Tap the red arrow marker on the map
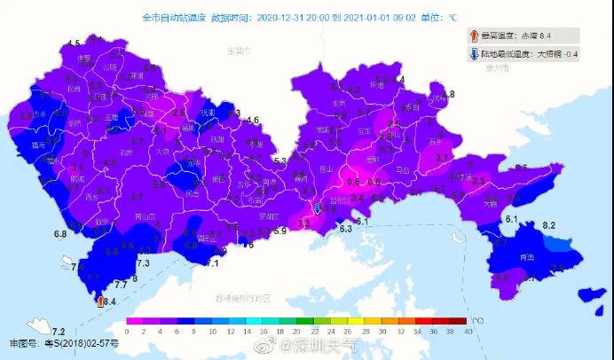[x=98, y=301]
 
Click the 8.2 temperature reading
[x=548, y=226]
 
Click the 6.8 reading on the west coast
[x=60, y=234]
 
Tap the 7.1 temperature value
[x=212, y=263]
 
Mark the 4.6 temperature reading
[x=253, y=121]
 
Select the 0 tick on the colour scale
[x=127, y=331]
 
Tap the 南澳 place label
[x=527, y=257]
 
